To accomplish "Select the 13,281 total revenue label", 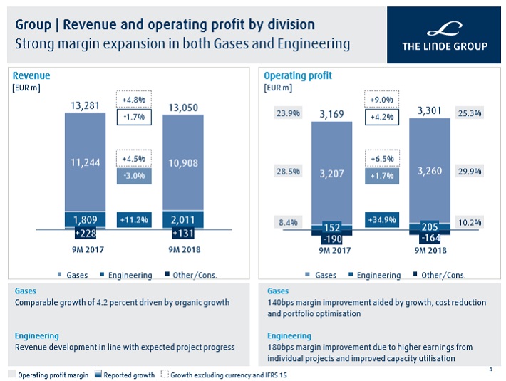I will click(x=85, y=106).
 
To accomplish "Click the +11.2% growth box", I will click(x=134, y=219).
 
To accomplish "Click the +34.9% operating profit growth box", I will click(x=382, y=219).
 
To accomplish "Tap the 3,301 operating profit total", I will click(x=430, y=110).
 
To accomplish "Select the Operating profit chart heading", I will click(x=297, y=76).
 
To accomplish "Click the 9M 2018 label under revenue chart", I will click(x=183, y=249).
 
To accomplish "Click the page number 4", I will click(x=490, y=369).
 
